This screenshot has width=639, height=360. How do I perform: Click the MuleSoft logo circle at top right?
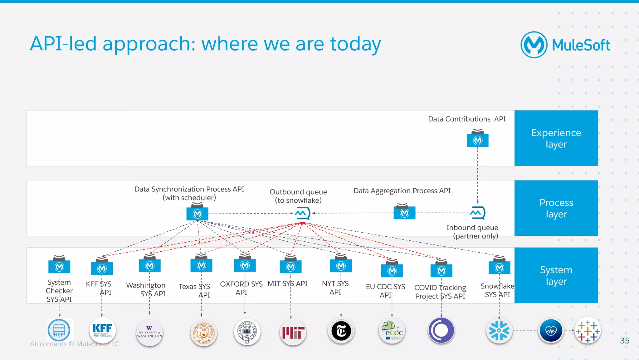click(x=534, y=45)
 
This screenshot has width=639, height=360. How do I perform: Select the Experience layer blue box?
click(x=556, y=138)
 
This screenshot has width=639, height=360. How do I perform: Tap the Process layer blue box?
click(x=556, y=208)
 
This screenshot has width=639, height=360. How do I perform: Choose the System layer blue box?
click(x=556, y=275)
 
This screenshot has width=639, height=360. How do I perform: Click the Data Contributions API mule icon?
click(x=477, y=140)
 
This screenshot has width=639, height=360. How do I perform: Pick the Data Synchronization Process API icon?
click(x=197, y=214)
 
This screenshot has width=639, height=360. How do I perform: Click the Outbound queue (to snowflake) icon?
click(x=302, y=213)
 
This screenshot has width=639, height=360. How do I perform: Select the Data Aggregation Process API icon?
click(x=404, y=213)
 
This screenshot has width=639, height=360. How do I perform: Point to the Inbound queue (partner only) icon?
click(x=477, y=213)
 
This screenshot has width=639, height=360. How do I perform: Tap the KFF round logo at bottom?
click(x=102, y=330)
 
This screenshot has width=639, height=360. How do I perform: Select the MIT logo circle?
click(x=293, y=332)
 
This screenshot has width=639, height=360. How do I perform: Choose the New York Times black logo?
click(x=341, y=331)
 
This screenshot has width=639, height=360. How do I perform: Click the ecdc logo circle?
click(x=392, y=331)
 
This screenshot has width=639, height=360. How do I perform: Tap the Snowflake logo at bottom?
click(x=499, y=330)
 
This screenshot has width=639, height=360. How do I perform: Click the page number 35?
click(x=624, y=341)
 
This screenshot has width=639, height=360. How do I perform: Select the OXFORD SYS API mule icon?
click(x=245, y=265)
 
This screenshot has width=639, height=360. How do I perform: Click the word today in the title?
click(x=355, y=44)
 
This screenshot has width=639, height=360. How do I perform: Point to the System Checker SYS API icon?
click(x=59, y=266)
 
